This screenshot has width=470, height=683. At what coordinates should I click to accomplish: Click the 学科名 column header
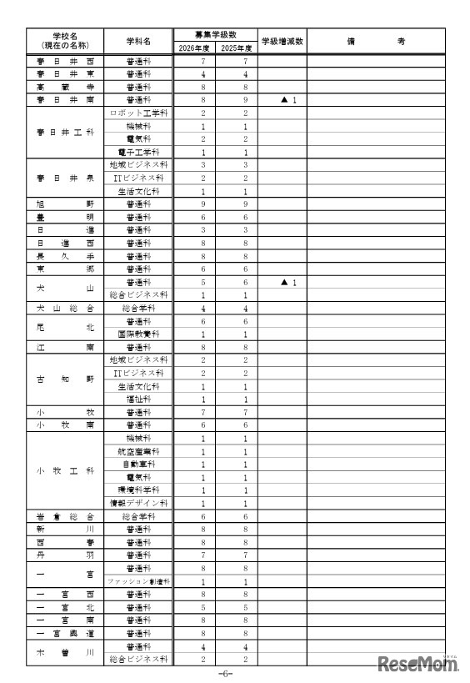pos(139,41)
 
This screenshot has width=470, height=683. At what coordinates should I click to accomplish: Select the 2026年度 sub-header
pos(192,48)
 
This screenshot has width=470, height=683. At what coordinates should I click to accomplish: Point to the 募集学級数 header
pos(214,34)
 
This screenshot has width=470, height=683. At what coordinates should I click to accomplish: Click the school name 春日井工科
pos(66,132)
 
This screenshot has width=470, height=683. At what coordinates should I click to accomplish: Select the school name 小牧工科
pos(66,470)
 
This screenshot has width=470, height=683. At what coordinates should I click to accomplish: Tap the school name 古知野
pos(66,379)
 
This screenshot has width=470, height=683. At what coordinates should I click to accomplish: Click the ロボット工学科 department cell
pos(139,113)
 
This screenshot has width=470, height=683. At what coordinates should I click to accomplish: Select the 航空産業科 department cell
pos(139,451)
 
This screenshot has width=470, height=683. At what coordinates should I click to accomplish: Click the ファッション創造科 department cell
pos(139,580)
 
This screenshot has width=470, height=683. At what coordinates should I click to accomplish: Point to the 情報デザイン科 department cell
pos(139,503)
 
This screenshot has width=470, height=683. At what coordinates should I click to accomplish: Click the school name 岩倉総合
pos(66,516)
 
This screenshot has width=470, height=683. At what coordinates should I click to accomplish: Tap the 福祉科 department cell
pos(139,399)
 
